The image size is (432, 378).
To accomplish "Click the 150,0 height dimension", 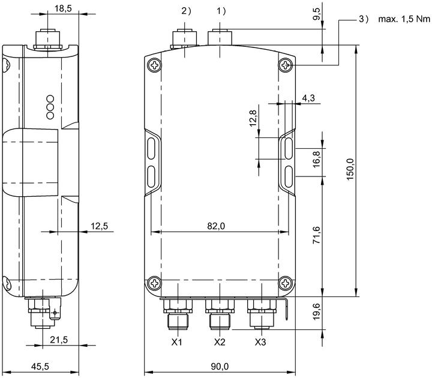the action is pyautogui.click(x=350, y=169).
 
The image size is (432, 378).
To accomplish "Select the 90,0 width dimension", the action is pyautogui.click(x=220, y=367).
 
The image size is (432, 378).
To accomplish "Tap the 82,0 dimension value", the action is pyautogui.click(x=216, y=226).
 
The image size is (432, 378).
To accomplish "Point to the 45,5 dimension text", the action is pyautogui.click(x=40, y=367).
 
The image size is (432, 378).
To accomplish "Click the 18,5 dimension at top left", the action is pyautogui.click(x=63, y=8).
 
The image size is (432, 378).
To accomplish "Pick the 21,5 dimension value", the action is pyautogui.click(x=59, y=340).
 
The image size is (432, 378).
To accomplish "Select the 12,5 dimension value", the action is pyautogui.click(x=100, y=226).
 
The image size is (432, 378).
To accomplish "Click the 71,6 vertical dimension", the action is pyautogui.click(x=317, y=235).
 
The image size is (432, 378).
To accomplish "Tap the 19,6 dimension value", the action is pyautogui.click(x=317, y=311).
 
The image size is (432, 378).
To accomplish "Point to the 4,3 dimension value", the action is pyautogui.click(x=308, y=98).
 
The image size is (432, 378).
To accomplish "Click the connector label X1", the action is pyautogui.click(x=177, y=342).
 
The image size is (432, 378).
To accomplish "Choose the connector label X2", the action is pyautogui.click(x=220, y=342).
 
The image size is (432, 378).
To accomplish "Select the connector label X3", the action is pyautogui.click(x=260, y=342).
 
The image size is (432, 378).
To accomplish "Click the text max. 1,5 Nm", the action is pyautogui.click(x=404, y=19).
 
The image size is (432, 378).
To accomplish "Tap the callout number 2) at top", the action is pyautogui.click(x=186, y=11).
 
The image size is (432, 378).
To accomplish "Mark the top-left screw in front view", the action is pyautogui.click(x=155, y=65).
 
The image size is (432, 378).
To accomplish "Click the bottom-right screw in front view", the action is pyautogui.click(x=286, y=283).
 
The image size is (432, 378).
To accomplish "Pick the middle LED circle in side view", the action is pyautogui.click(x=50, y=107).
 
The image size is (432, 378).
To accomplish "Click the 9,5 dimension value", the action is pyautogui.click(x=317, y=14).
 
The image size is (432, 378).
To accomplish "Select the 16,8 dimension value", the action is pyautogui.click(x=317, y=159).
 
